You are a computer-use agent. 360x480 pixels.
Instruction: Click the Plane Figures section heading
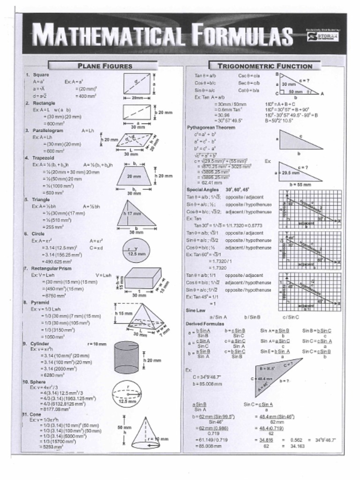pyautogui.click(x=104, y=66)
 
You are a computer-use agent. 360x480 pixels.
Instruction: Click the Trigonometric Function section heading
pyautogui.click(x=265, y=66)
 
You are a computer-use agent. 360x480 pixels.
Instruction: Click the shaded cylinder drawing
pyautogui.click(x=126, y=357)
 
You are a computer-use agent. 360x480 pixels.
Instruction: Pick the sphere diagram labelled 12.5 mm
pyautogui.click(x=127, y=394)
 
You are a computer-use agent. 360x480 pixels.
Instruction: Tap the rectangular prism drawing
pyautogui.click(x=142, y=278)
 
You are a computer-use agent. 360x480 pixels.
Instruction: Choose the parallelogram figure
pyautogui.click(x=135, y=140)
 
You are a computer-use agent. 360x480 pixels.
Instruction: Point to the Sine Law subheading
pyautogui.click(x=196, y=310)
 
